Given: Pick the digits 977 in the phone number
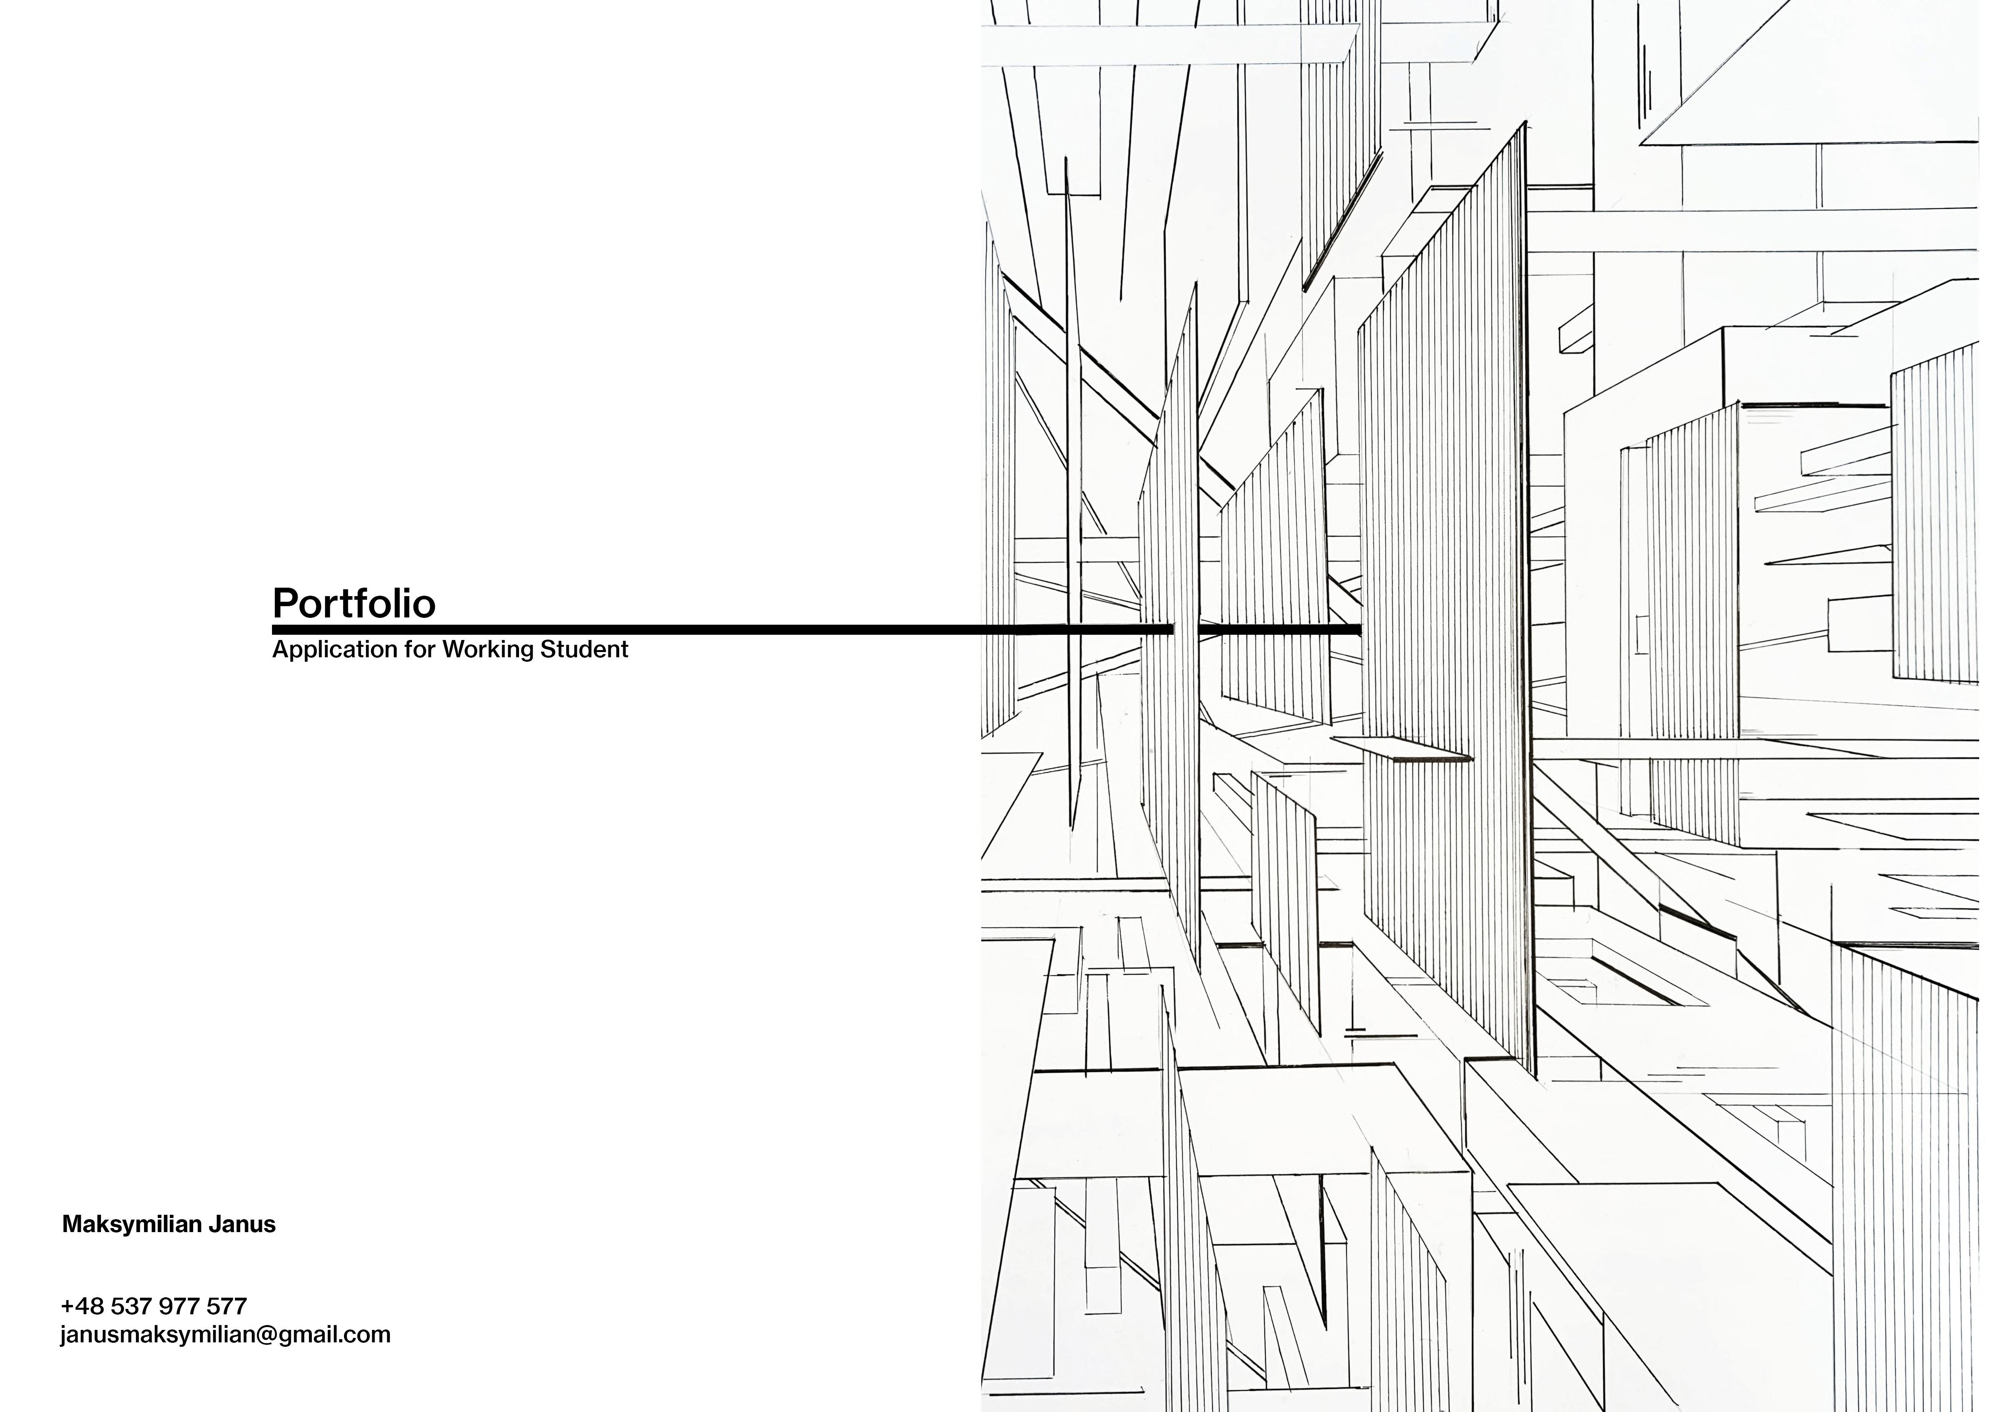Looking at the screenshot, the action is tap(177, 1306).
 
